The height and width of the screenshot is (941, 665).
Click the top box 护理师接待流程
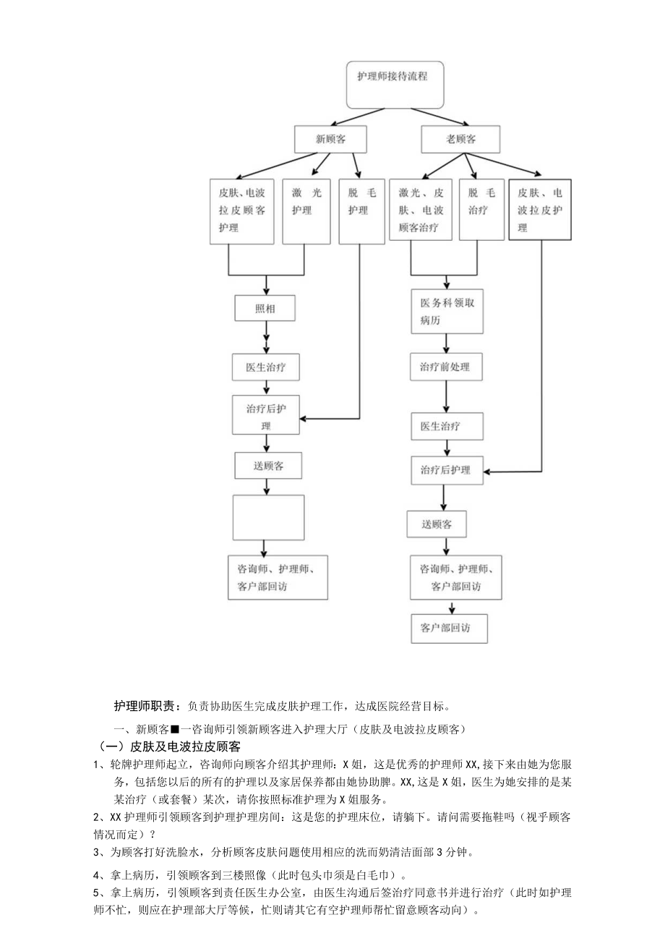(x=392, y=85)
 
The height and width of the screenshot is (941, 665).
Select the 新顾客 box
(x=330, y=140)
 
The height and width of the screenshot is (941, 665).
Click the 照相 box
(x=266, y=309)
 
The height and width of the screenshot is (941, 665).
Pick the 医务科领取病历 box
(x=447, y=312)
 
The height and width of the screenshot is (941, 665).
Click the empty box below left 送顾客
(x=268, y=517)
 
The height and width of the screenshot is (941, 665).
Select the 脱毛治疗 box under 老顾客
(x=481, y=210)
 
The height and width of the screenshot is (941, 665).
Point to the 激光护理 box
(x=306, y=211)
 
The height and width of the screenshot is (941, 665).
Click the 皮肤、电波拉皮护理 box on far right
(x=541, y=210)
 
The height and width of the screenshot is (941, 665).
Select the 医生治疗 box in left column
(x=266, y=367)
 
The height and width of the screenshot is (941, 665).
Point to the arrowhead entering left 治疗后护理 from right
(x=306, y=419)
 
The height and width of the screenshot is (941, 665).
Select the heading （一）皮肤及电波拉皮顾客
(x=169, y=746)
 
